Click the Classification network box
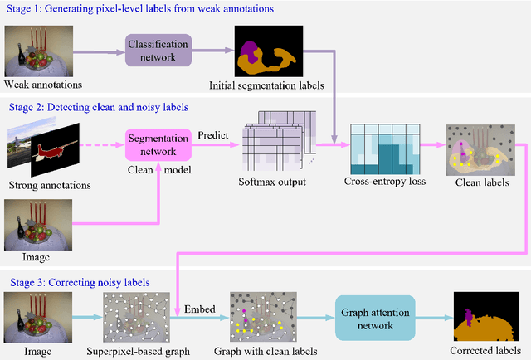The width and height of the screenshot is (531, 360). click(x=158, y=50)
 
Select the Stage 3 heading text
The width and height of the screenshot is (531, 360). click(x=79, y=282)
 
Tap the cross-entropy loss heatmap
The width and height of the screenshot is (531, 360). click(x=384, y=148)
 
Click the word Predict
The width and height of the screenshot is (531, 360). click(x=213, y=134)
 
